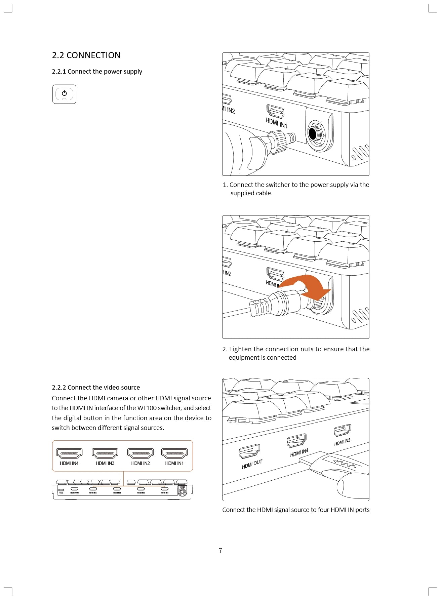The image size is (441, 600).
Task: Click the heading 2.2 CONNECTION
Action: click(86, 55)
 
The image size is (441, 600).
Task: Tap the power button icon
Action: click(64, 94)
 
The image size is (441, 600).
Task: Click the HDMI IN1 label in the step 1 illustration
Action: click(276, 123)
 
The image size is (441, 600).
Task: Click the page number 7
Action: click(220, 551)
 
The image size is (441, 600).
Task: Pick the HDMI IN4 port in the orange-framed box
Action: click(69, 453)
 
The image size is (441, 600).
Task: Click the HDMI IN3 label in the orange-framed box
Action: click(105, 463)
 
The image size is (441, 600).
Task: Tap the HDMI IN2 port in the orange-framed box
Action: click(141, 453)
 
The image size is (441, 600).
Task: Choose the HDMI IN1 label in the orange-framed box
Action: click(174, 463)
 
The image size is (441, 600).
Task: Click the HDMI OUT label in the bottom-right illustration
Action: click(252, 464)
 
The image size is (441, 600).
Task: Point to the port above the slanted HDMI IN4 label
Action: click(296, 440)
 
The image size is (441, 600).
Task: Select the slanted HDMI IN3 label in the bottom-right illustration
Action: click(342, 442)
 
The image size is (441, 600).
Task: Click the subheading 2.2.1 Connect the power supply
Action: click(97, 72)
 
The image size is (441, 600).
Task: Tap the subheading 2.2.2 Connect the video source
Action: click(96, 387)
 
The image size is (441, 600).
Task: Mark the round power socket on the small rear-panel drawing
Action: click(182, 492)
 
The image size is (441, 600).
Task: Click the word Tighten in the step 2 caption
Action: click(240, 349)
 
